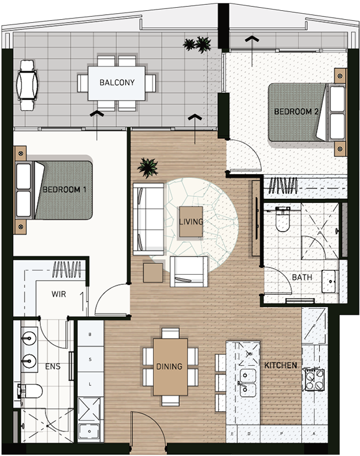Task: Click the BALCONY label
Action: point(117,83)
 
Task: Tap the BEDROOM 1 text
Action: point(64,190)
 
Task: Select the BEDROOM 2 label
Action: point(296,111)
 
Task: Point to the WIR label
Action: point(59,294)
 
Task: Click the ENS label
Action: point(53,366)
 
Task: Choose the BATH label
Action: point(302,277)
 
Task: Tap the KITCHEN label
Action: point(280,365)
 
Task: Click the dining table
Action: point(170,367)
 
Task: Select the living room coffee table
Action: point(191,221)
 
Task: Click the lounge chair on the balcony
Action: point(27,85)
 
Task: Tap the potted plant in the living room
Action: point(147,168)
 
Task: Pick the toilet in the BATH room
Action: point(283,218)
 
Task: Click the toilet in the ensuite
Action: point(30,391)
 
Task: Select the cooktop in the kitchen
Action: point(314,379)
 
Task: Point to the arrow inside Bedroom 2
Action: point(252,52)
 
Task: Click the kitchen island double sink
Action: point(247,382)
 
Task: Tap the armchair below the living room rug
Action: point(189,271)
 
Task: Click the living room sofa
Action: point(149,219)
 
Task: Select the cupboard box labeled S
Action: point(90,359)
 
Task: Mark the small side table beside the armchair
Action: point(153,272)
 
